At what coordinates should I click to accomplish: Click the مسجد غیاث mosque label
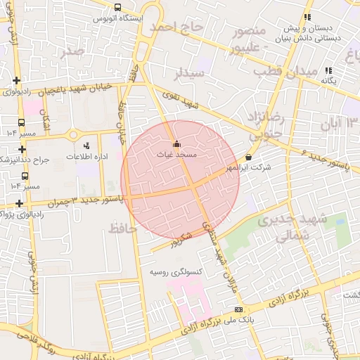pyautogui.click(x=176, y=155)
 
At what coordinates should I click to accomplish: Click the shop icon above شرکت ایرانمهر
pyautogui.click(x=248, y=157)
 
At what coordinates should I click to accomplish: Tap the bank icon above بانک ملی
pyautogui.click(x=238, y=310)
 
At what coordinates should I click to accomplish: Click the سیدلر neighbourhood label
pyautogui.click(x=190, y=72)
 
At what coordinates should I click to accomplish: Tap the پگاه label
pyautogui.click(x=329, y=81)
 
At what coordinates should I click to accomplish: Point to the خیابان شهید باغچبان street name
pyautogui.click(x=77, y=89)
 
